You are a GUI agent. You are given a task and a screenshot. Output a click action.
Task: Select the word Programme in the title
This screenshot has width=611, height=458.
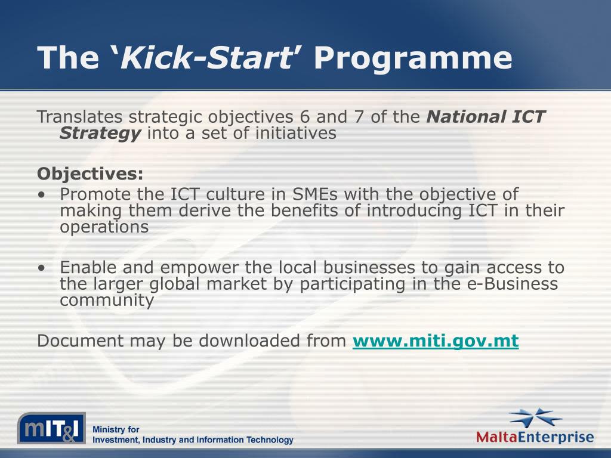[413, 58]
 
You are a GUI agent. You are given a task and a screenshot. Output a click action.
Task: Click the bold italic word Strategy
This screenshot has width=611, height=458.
[100, 133]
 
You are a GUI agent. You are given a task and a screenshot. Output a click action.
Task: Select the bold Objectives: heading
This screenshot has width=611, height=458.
[90, 174]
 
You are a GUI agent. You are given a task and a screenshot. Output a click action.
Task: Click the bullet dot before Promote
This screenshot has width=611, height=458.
[41, 195]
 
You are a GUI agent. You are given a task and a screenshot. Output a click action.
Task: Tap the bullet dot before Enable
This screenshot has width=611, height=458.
[41, 268]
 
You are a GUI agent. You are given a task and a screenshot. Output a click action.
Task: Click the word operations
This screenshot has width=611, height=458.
[104, 227]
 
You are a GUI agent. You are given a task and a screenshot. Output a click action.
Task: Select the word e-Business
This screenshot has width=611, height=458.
[511, 284]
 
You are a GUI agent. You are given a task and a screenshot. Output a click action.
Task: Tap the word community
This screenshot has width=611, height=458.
[107, 301]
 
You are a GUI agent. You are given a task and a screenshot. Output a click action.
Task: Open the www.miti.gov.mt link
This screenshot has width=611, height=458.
[436, 341]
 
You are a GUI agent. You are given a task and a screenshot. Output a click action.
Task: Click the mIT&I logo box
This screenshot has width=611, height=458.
[51, 428]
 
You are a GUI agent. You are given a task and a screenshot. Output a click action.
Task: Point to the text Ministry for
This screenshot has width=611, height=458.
[116, 429]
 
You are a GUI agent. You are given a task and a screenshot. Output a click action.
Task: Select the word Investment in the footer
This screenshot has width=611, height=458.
[115, 440]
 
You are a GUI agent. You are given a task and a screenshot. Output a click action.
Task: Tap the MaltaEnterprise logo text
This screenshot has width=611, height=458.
[535, 437]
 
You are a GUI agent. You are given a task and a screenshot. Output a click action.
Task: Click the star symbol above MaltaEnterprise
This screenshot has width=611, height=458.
[536, 417]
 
